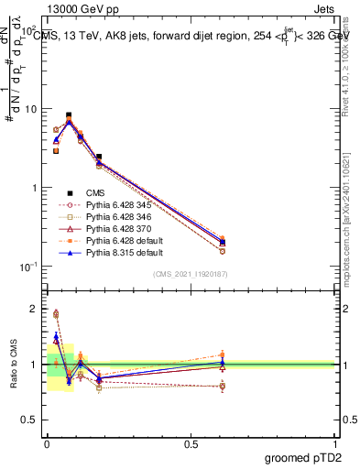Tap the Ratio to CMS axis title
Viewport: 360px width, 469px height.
pyautogui.click(x=14, y=364)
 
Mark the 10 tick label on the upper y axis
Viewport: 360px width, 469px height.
pyautogui.click(x=28, y=109)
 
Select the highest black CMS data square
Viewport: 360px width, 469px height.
pyautogui.click(x=69, y=115)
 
